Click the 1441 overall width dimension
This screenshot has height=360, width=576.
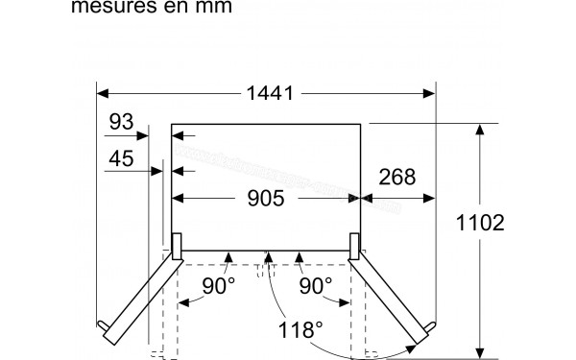267,94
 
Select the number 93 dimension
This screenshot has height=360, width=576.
121,122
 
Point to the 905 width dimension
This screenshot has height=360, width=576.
266,199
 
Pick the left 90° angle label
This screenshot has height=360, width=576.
218,286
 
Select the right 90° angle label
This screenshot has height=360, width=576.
315,286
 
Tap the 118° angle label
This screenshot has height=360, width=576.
301,331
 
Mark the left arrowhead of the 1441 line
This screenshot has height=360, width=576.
102,93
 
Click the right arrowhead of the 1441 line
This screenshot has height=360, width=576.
431,93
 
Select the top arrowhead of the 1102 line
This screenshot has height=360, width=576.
480,129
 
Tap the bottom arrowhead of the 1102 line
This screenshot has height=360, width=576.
480,351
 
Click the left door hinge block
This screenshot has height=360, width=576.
176,247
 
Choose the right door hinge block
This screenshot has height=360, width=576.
355,247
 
